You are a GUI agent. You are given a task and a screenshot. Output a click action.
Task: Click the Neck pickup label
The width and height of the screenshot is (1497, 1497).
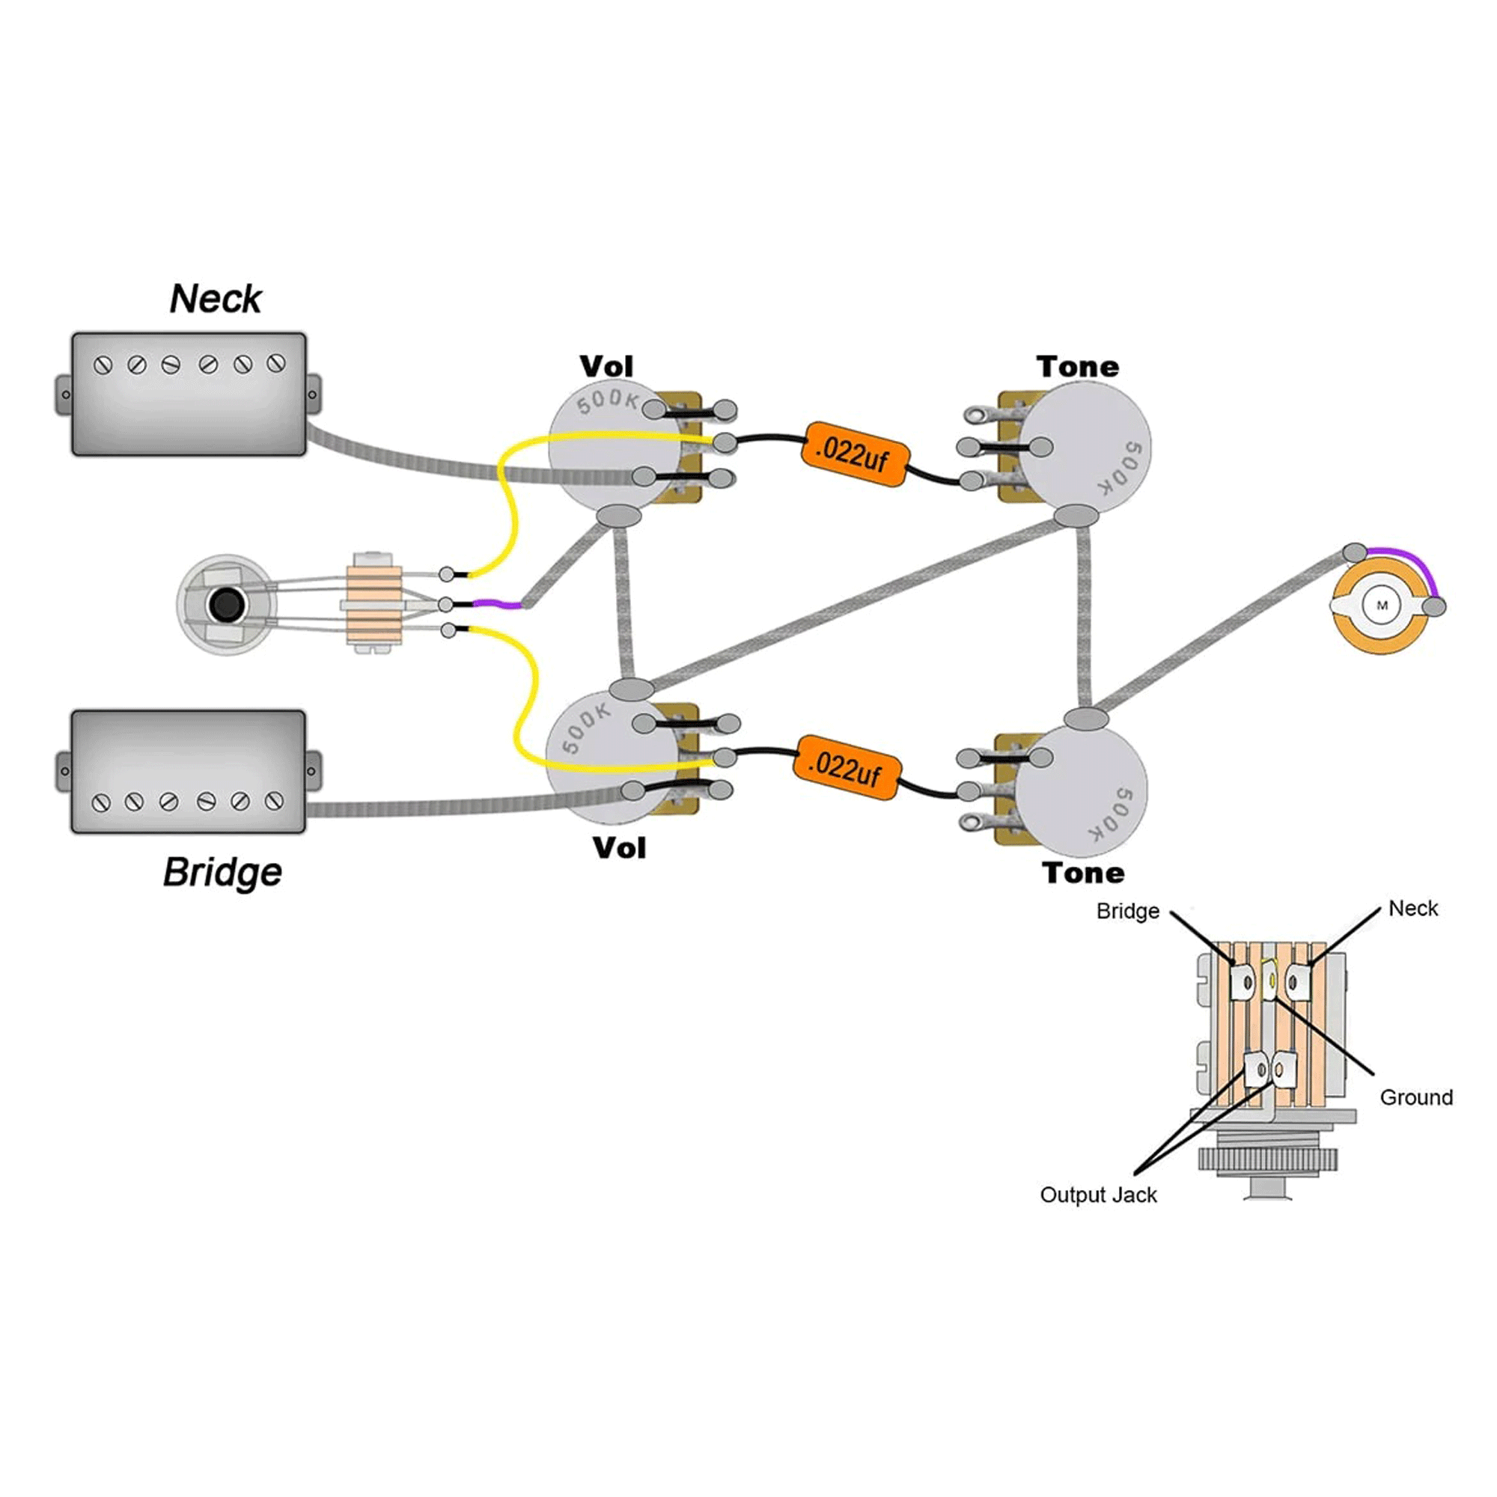click(x=216, y=299)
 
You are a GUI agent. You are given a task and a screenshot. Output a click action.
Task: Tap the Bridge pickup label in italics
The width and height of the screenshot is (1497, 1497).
click(x=222, y=873)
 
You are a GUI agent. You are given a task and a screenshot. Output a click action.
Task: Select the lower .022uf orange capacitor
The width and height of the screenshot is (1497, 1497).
click(x=846, y=767)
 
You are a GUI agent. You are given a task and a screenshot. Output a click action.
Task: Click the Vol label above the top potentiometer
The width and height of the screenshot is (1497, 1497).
click(x=606, y=367)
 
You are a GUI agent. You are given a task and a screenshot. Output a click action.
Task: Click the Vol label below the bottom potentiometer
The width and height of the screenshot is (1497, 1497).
click(x=619, y=848)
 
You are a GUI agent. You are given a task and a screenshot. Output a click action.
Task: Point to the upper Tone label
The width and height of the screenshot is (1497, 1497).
click(x=1078, y=367)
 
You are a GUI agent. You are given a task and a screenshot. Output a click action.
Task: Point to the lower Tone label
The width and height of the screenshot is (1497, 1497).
click(x=1083, y=873)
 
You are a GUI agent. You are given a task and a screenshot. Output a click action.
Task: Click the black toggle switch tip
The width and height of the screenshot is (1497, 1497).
click(x=226, y=605)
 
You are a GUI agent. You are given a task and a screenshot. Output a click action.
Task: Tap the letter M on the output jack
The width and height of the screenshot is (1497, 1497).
click(x=1382, y=606)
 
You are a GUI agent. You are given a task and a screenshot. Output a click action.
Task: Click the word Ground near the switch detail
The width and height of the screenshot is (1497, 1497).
click(x=1415, y=1097)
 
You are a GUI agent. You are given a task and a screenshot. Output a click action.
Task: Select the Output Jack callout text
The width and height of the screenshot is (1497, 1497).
click(x=1098, y=1195)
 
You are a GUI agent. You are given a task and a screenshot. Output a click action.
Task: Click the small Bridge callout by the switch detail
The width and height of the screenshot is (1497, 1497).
click(x=1127, y=911)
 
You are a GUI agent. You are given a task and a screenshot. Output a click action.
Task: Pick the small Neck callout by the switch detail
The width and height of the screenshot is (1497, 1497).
click(x=1412, y=908)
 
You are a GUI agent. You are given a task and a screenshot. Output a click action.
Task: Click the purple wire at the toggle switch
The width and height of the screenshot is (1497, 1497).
click(x=496, y=603)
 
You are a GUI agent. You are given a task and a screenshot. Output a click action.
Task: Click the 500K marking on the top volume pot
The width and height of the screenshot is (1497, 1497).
click(x=608, y=400)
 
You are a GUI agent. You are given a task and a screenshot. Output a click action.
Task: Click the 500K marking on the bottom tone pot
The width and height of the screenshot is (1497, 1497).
click(x=1113, y=814)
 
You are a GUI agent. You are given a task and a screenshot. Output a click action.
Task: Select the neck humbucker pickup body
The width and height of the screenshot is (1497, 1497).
click(x=189, y=394)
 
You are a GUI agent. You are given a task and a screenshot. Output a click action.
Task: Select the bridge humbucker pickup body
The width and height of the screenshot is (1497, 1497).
click(x=189, y=772)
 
